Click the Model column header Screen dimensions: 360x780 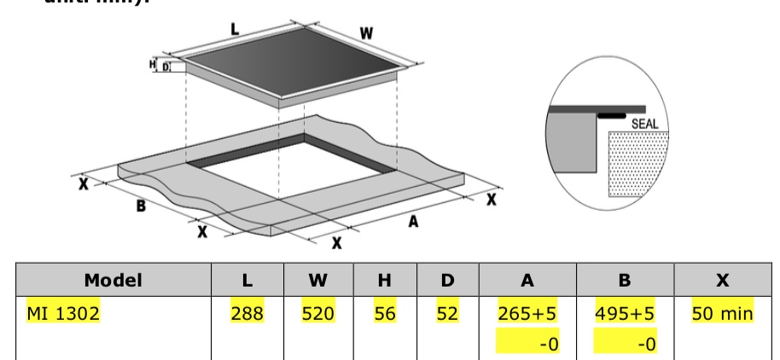pyautogui.click(x=107, y=280)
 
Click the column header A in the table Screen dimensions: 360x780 pyautogui.click(x=527, y=280)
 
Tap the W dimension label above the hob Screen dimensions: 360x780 pyautogui.click(x=365, y=34)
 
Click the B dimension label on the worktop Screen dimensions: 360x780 pyautogui.click(x=139, y=206)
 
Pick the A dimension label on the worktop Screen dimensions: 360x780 pyautogui.click(x=413, y=221)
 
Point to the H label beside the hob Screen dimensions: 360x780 pyautogui.click(x=153, y=64)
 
